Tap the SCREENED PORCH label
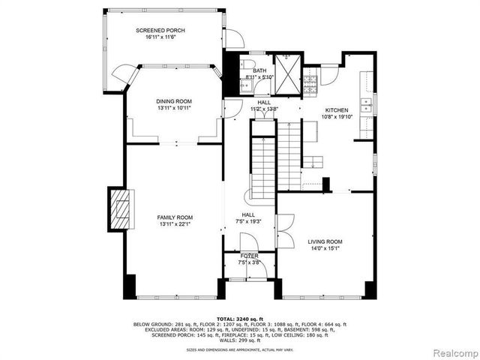160,31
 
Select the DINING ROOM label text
174,101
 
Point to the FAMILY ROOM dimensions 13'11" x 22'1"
174,224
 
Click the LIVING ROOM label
325,241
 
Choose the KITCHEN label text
331,108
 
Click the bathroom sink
245,86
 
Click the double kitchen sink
366,103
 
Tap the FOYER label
249,256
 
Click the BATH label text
259,70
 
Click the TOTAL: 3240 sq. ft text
240,319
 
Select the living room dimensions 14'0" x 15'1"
325,248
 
